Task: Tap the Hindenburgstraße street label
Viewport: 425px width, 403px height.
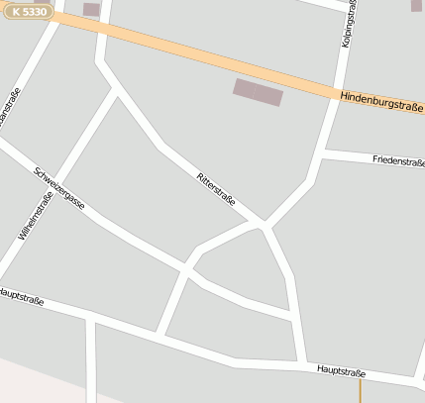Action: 380,101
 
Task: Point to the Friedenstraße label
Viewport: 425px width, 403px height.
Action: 397,160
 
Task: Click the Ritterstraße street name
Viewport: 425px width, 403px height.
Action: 217,188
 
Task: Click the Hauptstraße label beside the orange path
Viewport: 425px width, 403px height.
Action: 341,371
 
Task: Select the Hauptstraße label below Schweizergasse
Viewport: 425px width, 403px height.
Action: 22,295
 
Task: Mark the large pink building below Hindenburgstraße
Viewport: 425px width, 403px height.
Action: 258,92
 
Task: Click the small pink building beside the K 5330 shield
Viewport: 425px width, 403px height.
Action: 91,10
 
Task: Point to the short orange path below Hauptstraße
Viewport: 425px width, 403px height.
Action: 361,391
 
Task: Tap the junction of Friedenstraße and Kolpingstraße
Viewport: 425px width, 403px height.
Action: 325,153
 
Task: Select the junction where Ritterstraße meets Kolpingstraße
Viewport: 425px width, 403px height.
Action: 266,223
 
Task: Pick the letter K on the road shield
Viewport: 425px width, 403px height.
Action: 16,10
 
